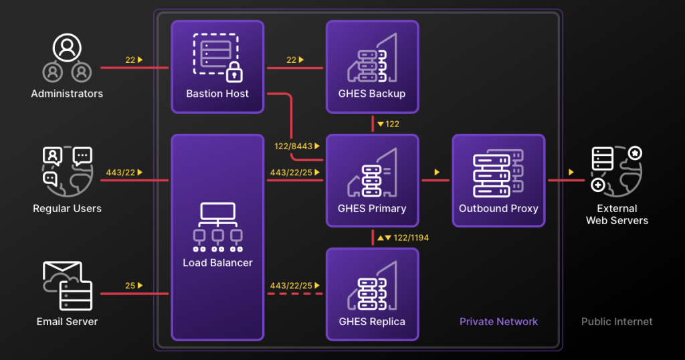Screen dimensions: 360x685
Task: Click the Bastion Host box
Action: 217,66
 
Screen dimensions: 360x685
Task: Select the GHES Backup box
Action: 372,66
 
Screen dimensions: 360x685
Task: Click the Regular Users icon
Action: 67,171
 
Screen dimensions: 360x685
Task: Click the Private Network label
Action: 498,322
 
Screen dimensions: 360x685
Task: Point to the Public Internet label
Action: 617,322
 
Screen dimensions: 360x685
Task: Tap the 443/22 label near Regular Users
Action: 120,173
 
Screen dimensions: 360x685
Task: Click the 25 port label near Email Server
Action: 130,286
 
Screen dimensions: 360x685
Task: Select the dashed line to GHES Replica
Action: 295,294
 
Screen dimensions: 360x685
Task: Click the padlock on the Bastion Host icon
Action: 233,71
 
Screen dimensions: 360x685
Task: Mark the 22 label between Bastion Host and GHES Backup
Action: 291,60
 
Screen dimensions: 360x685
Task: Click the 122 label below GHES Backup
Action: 392,124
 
